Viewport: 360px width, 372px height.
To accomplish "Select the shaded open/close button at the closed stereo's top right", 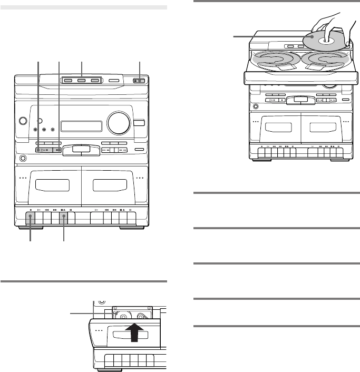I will coord(139,81).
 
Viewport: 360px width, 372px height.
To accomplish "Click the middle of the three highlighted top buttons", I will coord(82,81).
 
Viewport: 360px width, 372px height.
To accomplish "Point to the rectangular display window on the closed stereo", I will coord(81,126).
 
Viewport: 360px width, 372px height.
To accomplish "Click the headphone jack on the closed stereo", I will coord(23,158).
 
